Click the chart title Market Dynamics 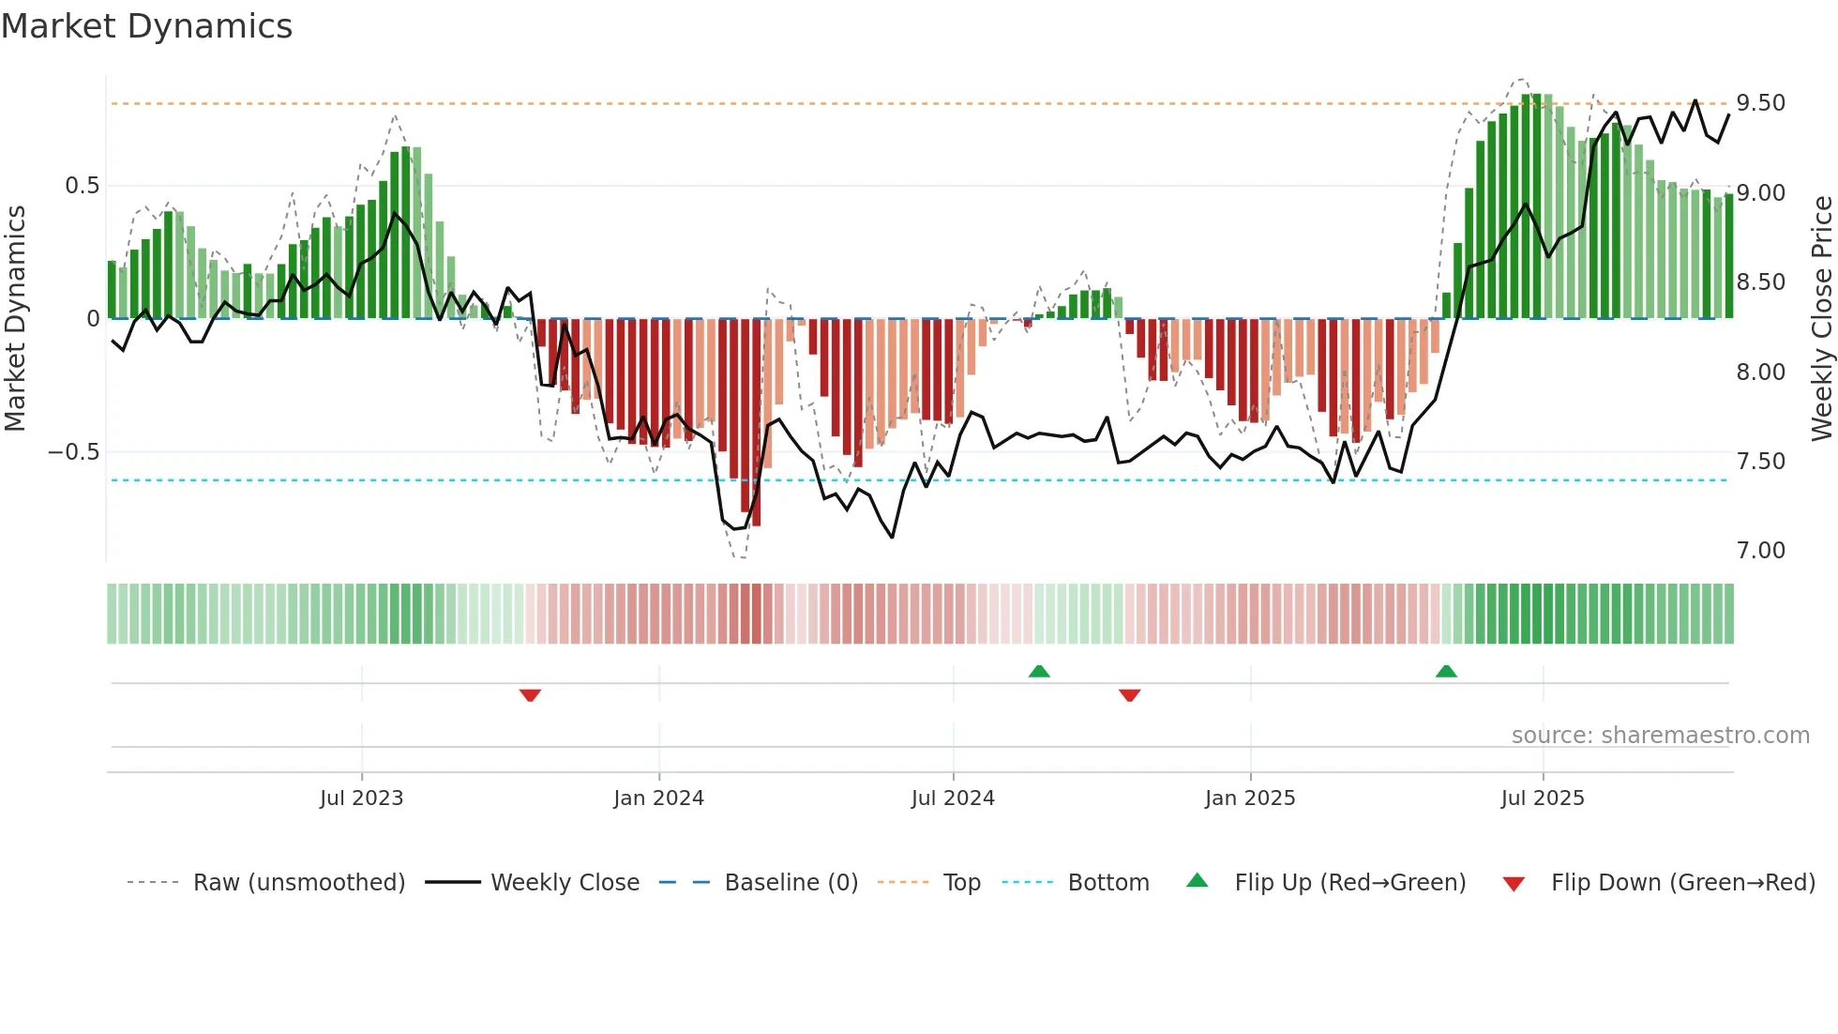tap(146, 26)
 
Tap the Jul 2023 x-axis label tap(361, 798)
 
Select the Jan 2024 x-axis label tap(658, 798)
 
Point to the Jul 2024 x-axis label tap(953, 798)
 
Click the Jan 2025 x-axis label tap(1250, 798)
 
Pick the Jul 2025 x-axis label tap(1543, 798)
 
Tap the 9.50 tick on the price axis tap(1761, 103)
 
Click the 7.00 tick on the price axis tap(1761, 551)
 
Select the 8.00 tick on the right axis tap(1761, 373)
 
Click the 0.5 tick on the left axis tap(82, 186)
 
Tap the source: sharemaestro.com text tap(1660, 736)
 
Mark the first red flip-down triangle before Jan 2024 tap(530, 695)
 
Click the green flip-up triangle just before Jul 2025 tap(1446, 671)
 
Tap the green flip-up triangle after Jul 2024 tap(1039, 671)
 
